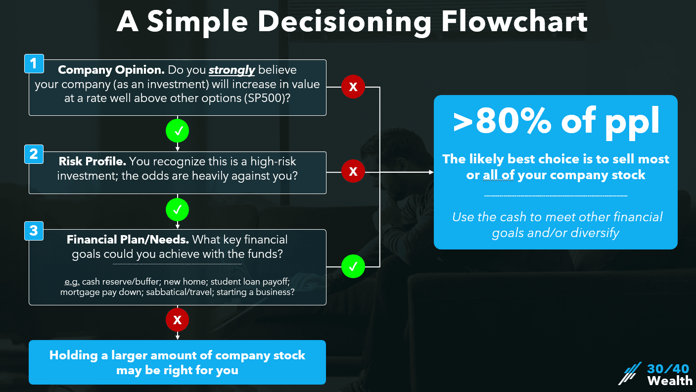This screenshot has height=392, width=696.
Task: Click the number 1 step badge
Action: (x=34, y=64)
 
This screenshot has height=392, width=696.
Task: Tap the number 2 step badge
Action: (x=34, y=154)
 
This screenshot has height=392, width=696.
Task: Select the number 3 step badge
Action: (x=34, y=231)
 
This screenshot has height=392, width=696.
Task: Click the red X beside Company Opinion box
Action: (x=353, y=87)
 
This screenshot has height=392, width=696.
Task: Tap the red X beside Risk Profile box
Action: (x=353, y=172)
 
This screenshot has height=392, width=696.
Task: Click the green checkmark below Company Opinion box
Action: (x=178, y=131)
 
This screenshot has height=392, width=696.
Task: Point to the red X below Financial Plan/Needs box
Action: (x=178, y=320)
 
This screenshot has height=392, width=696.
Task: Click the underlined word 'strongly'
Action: (x=232, y=70)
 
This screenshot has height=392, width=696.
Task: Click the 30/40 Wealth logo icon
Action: (x=630, y=374)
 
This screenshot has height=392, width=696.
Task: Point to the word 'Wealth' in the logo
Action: (x=670, y=381)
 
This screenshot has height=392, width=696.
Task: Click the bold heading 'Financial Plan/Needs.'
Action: (x=128, y=240)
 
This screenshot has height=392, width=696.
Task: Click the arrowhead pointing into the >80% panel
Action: (x=430, y=172)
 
